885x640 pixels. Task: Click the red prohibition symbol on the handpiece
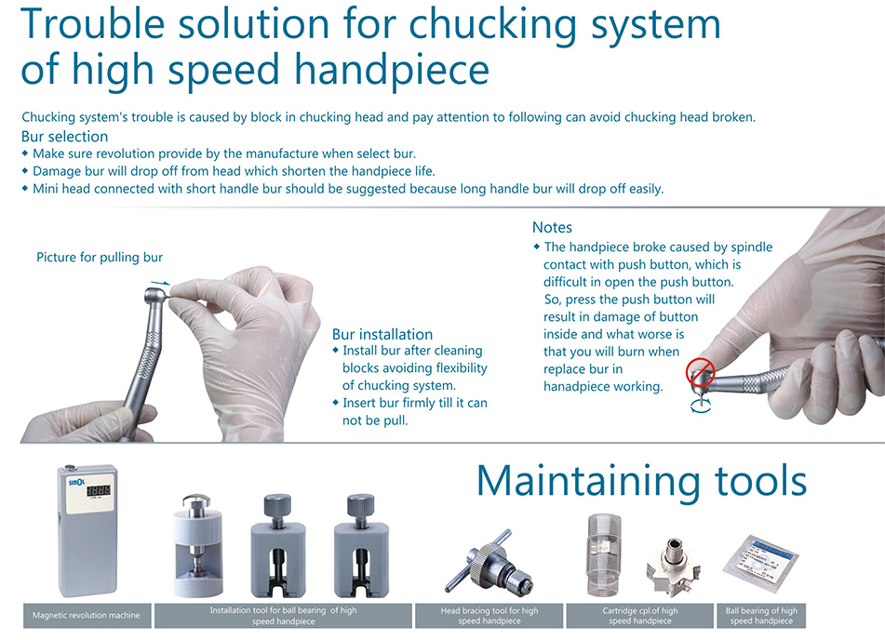[x=701, y=372]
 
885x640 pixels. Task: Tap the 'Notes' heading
[x=552, y=228]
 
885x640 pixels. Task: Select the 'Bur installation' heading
[x=382, y=334]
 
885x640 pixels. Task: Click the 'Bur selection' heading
[x=65, y=137]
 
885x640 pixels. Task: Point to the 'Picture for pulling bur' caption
[x=100, y=258]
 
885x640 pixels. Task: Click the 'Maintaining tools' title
[x=642, y=482]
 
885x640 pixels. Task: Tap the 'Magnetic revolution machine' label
[x=87, y=615]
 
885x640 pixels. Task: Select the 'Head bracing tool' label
[x=489, y=616]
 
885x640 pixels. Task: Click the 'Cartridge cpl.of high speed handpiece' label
[x=640, y=616]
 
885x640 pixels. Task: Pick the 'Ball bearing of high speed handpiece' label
[x=761, y=616]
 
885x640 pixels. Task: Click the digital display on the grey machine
[x=98, y=490]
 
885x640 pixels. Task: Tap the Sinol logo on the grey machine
[x=76, y=483]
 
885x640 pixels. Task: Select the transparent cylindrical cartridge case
[x=605, y=554]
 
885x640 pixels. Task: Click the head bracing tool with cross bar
[x=489, y=565]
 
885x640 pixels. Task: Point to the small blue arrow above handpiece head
[x=160, y=282]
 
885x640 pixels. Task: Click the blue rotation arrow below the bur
[x=701, y=406]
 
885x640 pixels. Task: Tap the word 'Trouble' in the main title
[x=92, y=24]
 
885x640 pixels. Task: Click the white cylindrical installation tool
[x=197, y=545]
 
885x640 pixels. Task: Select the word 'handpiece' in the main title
[x=392, y=71]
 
